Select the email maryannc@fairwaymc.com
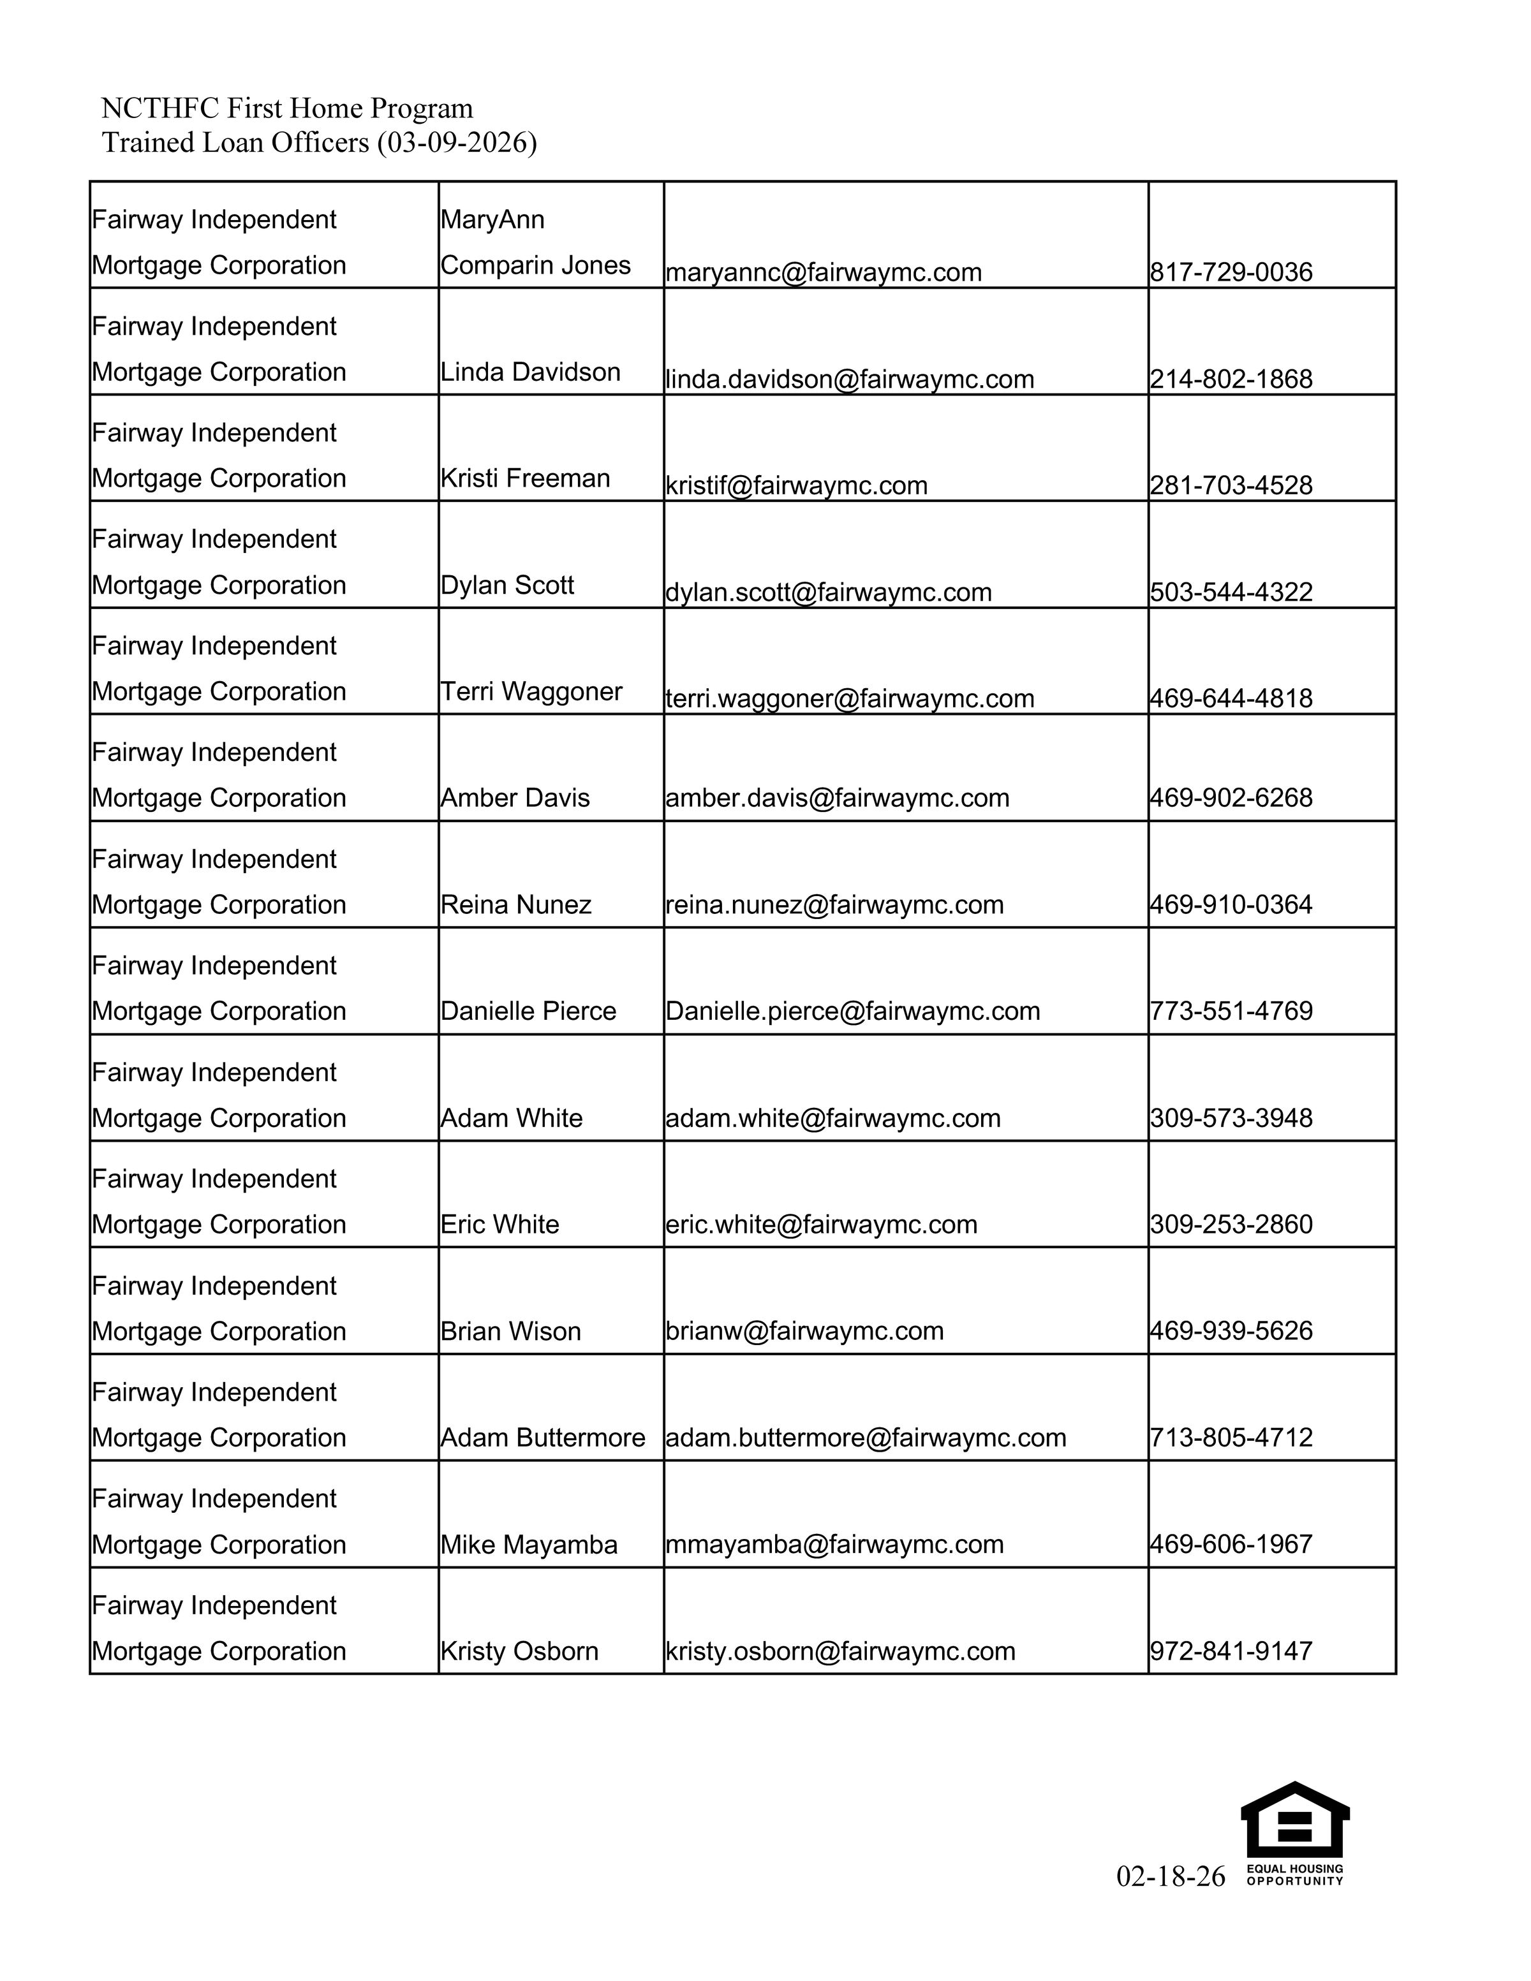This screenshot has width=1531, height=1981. (x=823, y=272)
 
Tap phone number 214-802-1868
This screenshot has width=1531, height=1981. (x=1231, y=379)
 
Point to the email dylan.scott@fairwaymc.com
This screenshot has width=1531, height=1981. (x=828, y=593)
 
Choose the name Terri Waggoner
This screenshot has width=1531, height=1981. (x=531, y=691)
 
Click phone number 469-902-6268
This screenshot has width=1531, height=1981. (x=1231, y=799)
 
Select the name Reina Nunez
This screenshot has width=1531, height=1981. (x=516, y=904)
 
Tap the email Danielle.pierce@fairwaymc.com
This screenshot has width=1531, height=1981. (x=852, y=1012)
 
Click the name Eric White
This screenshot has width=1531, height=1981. (x=499, y=1225)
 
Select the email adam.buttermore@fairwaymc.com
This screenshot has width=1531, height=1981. (x=865, y=1438)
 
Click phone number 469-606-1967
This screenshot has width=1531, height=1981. (x=1231, y=1544)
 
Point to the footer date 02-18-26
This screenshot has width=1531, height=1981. (x=1170, y=1876)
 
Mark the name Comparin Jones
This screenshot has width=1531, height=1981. (x=535, y=265)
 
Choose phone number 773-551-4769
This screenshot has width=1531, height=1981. (x=1231, y=1012)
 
